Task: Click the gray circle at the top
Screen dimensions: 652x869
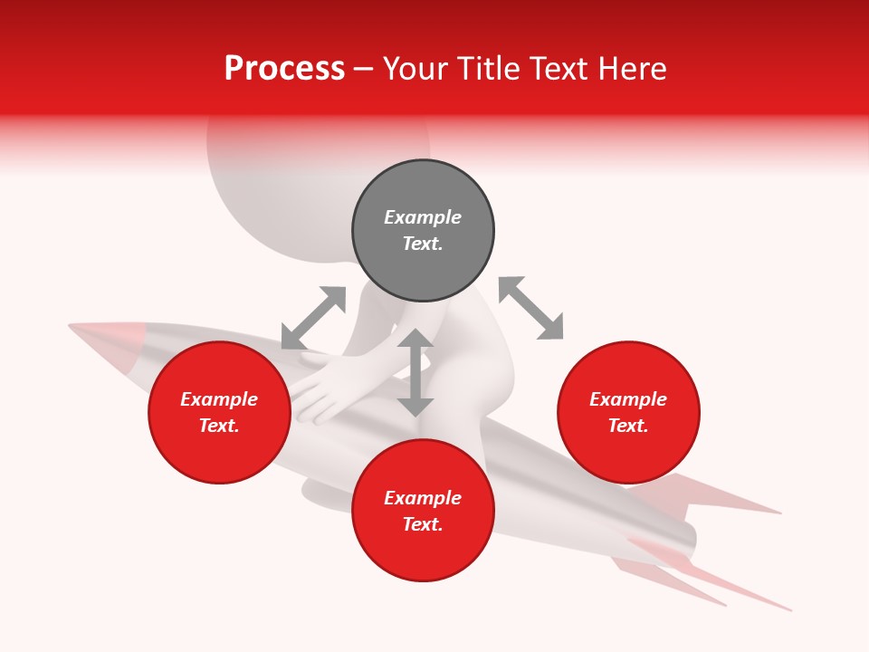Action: pos(423,231)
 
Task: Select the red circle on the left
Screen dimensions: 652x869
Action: pos(219,412)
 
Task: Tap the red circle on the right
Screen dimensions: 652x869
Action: pos(628,412)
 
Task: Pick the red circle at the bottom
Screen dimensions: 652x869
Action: pos(423,511)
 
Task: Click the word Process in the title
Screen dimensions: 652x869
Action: pos(284,69)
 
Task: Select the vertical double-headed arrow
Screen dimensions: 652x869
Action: pos(415,372)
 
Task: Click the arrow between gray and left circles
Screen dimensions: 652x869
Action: pos(313,318)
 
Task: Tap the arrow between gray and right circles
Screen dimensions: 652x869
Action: pos(530,309)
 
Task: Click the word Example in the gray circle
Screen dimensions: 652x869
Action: pos(423,217)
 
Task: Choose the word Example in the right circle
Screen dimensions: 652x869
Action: pos(628,399)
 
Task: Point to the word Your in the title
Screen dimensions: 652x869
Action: pos(413,69)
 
